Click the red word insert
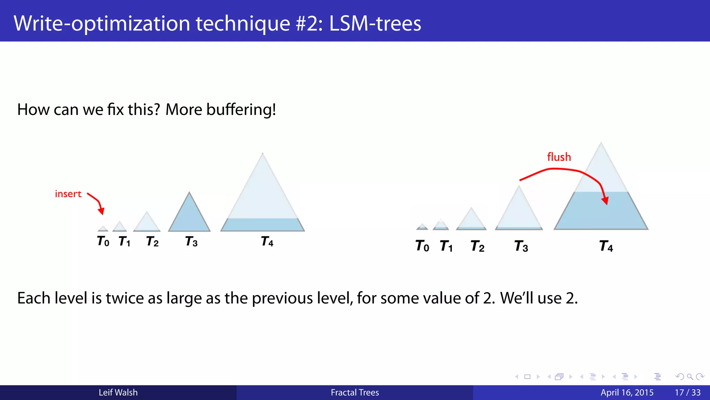[x=68, y=194]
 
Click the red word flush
[x=559, y=157]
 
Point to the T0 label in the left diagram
[x=103, y=241]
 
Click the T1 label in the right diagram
[x=446, y=246]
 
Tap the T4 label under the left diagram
[x=267, y=241]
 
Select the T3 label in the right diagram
[x=521, y=246]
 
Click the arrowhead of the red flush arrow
[x=605, y=201]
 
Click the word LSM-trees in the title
[x=375, y=24]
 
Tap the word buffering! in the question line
[x=241, y=110]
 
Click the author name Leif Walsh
[x=118, y=392]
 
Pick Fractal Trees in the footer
[x=355, y=392]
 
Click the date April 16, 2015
[x=627, y=392]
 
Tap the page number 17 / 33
[x=687, y=392]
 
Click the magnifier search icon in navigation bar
[x=690, y=377]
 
